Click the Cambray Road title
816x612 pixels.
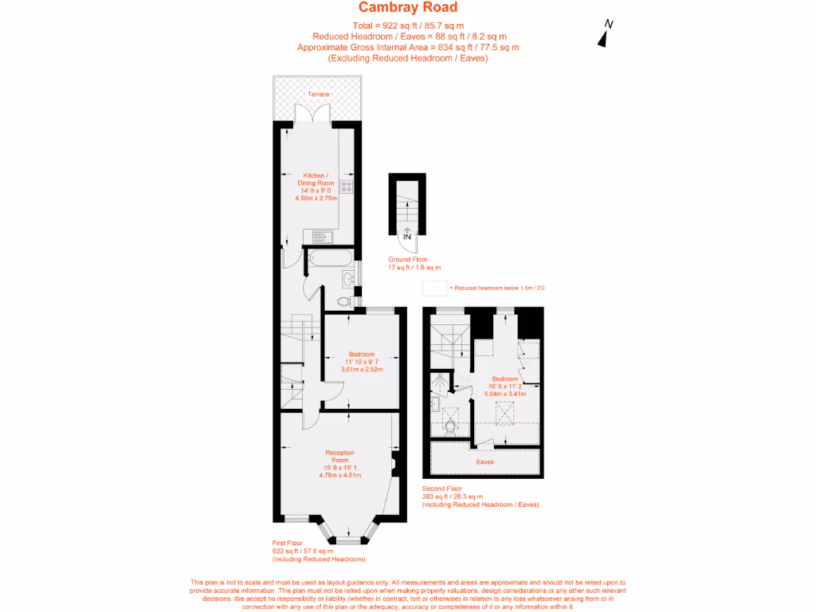point(408,7)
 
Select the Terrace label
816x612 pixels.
point(319,94)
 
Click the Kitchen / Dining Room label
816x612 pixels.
point(316,179)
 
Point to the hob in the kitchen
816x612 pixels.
point(346,186)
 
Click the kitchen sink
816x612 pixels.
point(323,237)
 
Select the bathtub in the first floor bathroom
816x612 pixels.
point(330,259)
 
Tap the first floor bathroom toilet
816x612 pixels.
point(343,300)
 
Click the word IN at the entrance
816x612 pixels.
point(407,237)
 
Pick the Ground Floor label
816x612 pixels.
point(408,259)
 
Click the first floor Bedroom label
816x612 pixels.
point(362,355)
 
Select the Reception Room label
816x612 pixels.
point(339,457)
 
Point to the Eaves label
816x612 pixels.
point(485,462)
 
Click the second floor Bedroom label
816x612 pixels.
point(504,379)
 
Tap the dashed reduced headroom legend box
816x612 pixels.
point(434,288)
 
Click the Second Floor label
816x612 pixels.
point(441,488)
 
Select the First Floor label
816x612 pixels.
point(287,543)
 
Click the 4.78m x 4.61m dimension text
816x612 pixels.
point(339,475)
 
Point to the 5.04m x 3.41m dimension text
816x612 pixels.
point(505,394)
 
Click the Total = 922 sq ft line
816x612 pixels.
point(408,25)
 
